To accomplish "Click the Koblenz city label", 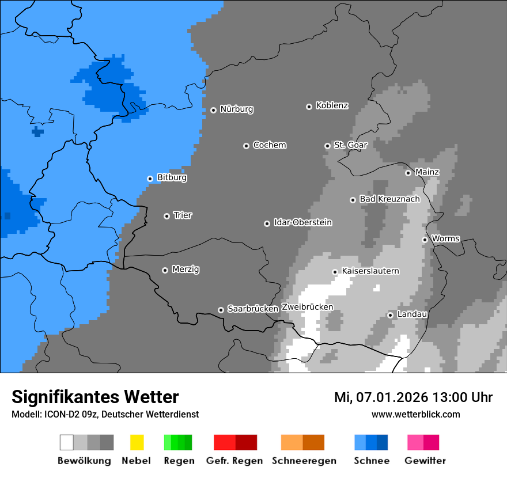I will tap(332, 105).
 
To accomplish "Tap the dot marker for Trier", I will tap(167, 216).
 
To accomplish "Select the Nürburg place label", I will tap(236, 109).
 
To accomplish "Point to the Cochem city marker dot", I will tap(246, 146).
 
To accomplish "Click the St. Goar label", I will tap(350, 145).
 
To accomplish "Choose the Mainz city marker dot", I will tap(408, 173).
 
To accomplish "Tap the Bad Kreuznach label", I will tap(389, 199).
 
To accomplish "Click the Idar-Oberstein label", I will tap(302, 222).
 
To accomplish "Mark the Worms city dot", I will tap(425, 240).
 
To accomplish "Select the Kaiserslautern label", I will tap(370, 271).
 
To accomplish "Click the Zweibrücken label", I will tap(307, 307).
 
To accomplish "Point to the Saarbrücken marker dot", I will tap(221, 310).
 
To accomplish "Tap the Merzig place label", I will tap(186, 269).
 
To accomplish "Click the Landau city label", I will tap(412, 314).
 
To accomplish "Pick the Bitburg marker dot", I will tap(150, 179).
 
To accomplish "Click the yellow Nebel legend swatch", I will tap(137, 442).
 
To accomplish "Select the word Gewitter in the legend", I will tap(425, 461).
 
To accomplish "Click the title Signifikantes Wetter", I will tap(95, 397).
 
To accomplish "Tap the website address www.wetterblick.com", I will tap(415, 414).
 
